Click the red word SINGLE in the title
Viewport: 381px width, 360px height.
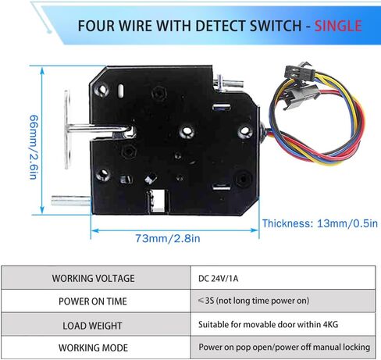[x=338, y=26]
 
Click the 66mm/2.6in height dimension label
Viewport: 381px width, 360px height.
[x=34, y=147]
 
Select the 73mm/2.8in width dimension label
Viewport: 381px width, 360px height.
[x=168, y=238]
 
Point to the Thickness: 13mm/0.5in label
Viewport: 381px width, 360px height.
[x=320, y=223]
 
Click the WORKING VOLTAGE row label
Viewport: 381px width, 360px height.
[x=93, y=278]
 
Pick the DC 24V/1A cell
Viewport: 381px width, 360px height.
[x=218, y=279]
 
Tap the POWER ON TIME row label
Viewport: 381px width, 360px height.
[x=93, y=301]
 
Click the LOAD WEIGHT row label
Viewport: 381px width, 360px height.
[x=92, y=326]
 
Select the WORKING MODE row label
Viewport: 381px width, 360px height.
[x=93, y=348]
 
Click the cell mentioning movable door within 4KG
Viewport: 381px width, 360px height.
[x=268, y=324]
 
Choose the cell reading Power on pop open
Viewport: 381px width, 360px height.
[x=284, y=347]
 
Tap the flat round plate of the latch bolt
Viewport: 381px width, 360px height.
[x=67, y=130]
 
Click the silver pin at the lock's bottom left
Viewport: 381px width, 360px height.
[x=71, y=201]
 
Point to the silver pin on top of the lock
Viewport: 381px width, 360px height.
[x=229, y=83]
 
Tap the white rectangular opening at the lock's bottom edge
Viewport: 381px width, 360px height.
[x=158, y=200]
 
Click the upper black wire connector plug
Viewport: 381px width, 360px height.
[x=300, y=70]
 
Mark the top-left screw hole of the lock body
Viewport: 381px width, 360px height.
[x=101, y=90]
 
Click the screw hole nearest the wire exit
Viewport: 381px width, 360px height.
[x=245, y=132]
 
